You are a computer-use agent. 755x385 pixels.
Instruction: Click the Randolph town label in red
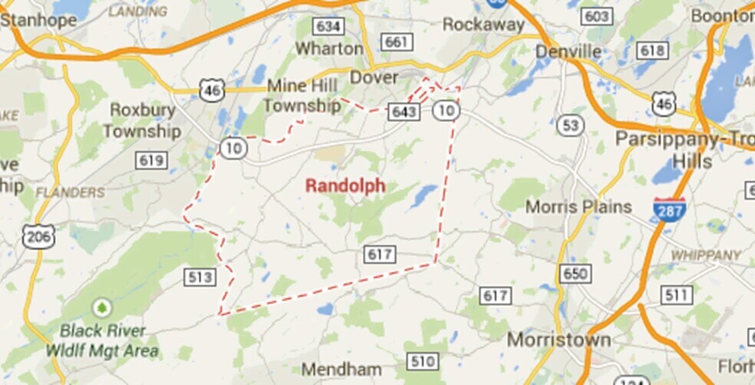pyautogui.click(x=345, y=186)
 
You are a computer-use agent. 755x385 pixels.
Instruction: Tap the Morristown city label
pyautogui.click(x=559, y=339)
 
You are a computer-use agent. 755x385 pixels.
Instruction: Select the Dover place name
pyautogui.click(x=374, y=77)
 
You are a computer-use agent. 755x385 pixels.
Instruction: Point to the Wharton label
pyautogui.click(x=329, y=48)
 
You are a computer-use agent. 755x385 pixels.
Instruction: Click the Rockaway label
pyautogui.click(x=483, y=25)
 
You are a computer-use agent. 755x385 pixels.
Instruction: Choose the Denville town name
pyautogui.click(x=569, y=51)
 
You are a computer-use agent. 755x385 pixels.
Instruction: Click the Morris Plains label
pyautogui.click(x=579, y=207)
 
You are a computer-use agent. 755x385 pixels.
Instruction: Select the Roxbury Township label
pyautogui.click(x=143, y=120)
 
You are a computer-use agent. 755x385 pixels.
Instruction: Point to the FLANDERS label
pyautogui.click(x=70, y=192)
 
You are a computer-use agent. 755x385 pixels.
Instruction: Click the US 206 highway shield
pyautogui.click(x=38, y=237)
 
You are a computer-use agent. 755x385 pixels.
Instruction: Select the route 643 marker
pyautogui.click(x=404, y=112)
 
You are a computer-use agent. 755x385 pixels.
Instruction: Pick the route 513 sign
pyautogui.click(x=199, y=277)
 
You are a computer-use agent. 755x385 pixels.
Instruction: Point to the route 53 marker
pyautogui.click(x=570, y=126)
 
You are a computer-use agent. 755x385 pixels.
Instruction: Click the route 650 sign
pyautogui.click(x=575, y=274)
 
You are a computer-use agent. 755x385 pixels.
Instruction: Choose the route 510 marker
pyautogui.click(x=423, y=361)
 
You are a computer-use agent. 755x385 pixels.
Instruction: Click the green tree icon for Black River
pyautogui.click(x=101, y=308)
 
